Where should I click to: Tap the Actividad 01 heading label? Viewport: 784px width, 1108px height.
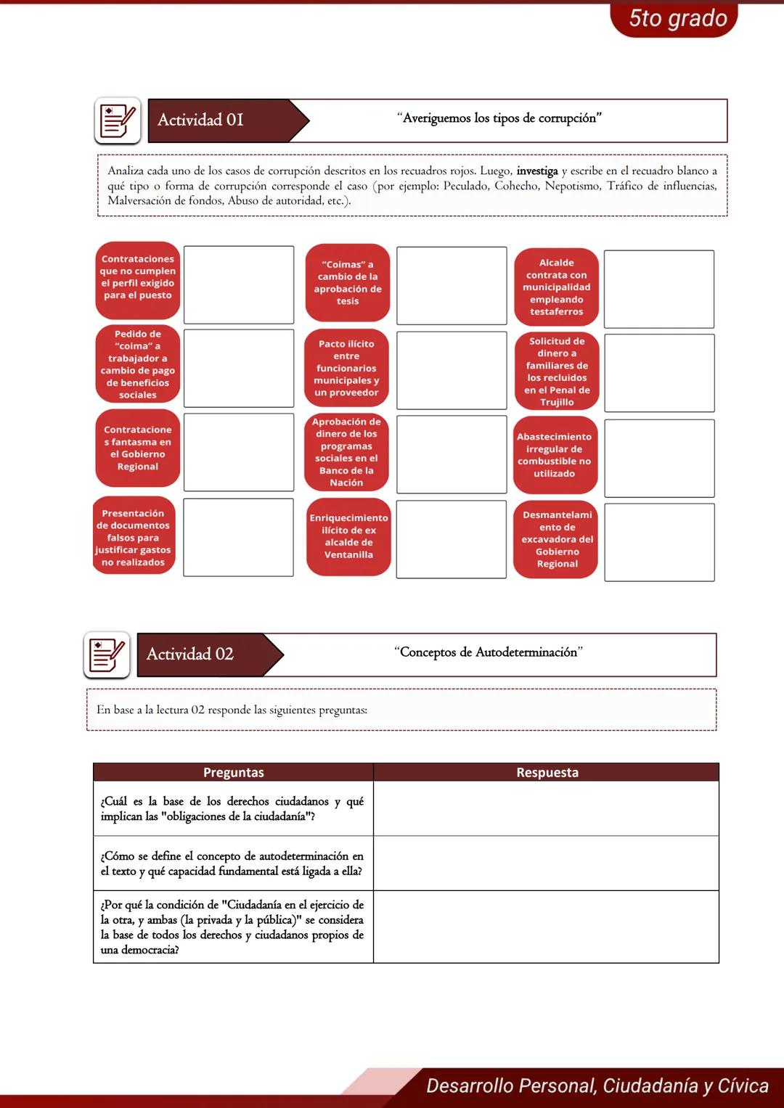coord(201,120)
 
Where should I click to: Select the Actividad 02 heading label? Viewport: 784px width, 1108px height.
coord(190,654)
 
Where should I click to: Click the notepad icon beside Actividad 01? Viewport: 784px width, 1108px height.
coord(118,120)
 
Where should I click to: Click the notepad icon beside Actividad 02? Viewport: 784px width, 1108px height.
coord(107,654)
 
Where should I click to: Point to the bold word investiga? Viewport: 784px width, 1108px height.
coord(537,171)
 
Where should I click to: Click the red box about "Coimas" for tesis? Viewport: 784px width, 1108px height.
coord(348,283)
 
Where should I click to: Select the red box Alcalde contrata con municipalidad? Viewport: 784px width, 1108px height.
coord(557,287)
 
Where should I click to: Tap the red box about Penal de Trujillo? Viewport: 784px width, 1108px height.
coord(557,372)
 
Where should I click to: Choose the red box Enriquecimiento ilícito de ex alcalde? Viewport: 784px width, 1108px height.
coord(348,537)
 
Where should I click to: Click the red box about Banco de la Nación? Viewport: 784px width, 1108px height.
coord(346,452)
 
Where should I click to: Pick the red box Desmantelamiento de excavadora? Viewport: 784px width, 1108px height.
coord(557,539)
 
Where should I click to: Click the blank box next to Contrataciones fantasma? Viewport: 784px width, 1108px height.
coord(239,452)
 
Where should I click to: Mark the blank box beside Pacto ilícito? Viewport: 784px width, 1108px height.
coord(452,370)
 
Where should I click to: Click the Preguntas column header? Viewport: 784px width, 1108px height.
coord(234,772)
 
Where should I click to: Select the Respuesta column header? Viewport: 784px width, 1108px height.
coord(547,772)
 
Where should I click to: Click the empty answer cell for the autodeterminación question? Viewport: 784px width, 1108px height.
coord(546,863)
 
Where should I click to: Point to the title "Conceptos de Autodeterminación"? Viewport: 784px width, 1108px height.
coord(489,652)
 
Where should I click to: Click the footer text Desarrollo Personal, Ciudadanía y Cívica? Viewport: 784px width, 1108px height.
coord(597,1086)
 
